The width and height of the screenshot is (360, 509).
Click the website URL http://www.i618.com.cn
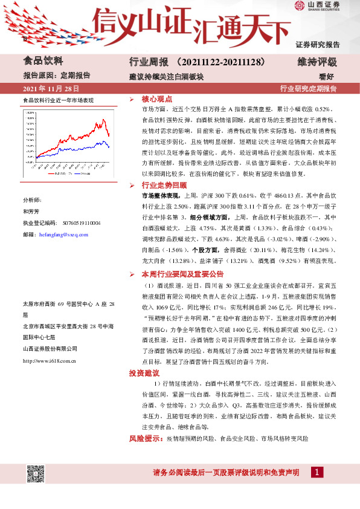pos(49,361)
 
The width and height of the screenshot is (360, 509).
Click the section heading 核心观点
pos(156,99)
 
